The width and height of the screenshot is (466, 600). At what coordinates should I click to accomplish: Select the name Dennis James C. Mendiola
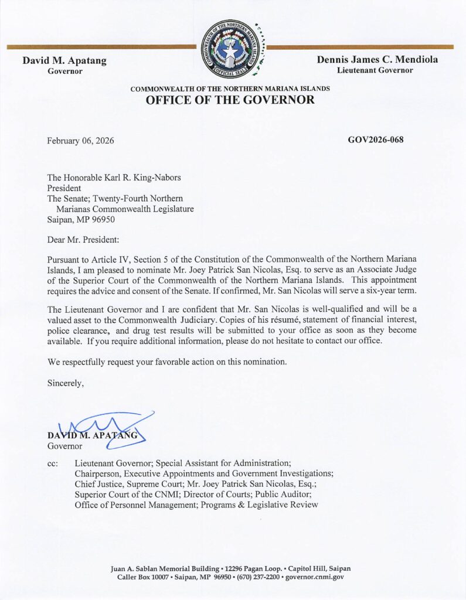coord(377,60)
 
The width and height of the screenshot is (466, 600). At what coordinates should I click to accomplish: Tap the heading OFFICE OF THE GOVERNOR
coord(230,100)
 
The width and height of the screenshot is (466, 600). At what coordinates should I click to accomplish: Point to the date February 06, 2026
coord(80,141)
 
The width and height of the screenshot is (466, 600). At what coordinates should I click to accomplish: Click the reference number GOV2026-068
coord(375,139)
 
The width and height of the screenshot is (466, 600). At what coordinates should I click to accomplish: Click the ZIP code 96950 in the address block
coord(103,219)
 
